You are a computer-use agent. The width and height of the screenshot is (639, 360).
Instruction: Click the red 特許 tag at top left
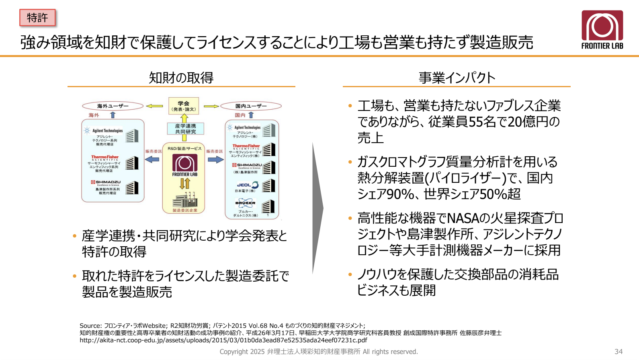(37, 18)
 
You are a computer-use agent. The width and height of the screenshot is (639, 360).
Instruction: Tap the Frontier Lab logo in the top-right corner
(602, 30)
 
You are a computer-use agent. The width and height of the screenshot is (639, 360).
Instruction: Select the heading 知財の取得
(181, 78)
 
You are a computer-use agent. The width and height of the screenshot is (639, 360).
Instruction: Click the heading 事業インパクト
(457, 78)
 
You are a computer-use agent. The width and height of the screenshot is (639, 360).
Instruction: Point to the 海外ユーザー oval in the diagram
(113, 106)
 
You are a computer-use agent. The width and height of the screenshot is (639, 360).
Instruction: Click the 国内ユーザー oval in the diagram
(251, 106)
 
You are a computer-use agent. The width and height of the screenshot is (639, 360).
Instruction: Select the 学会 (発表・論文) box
(184, 106)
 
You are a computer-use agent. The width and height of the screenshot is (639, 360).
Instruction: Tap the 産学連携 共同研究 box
(185, 129)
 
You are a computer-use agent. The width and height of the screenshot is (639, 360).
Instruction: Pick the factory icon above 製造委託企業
(185, 200)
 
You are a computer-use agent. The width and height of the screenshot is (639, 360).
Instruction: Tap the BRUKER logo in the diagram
(245, 203)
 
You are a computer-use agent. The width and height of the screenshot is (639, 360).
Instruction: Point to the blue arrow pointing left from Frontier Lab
(152, 159)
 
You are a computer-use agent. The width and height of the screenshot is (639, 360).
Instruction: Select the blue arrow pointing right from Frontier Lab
(215, 159)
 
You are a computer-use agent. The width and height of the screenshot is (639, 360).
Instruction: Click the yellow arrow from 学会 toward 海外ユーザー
(154, 106)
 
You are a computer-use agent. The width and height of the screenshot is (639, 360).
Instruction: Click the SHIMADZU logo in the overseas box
(106, 182)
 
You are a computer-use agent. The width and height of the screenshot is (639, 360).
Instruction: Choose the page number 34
(618, 352)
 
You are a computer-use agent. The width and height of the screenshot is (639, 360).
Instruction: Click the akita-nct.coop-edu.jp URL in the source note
(223, 340)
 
